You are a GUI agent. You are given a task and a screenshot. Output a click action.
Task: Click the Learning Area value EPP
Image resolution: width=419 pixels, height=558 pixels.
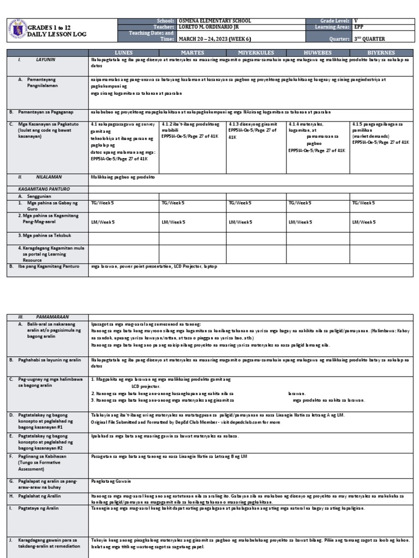pyautogui.click(x=358, y=26)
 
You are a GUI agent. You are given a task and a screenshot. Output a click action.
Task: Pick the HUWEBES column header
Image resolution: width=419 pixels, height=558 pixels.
pyautogui.click(x=318, y=52)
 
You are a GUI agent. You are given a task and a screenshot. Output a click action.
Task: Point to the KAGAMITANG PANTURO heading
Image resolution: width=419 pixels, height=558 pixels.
pyautogui.click(x=36, y=188)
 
